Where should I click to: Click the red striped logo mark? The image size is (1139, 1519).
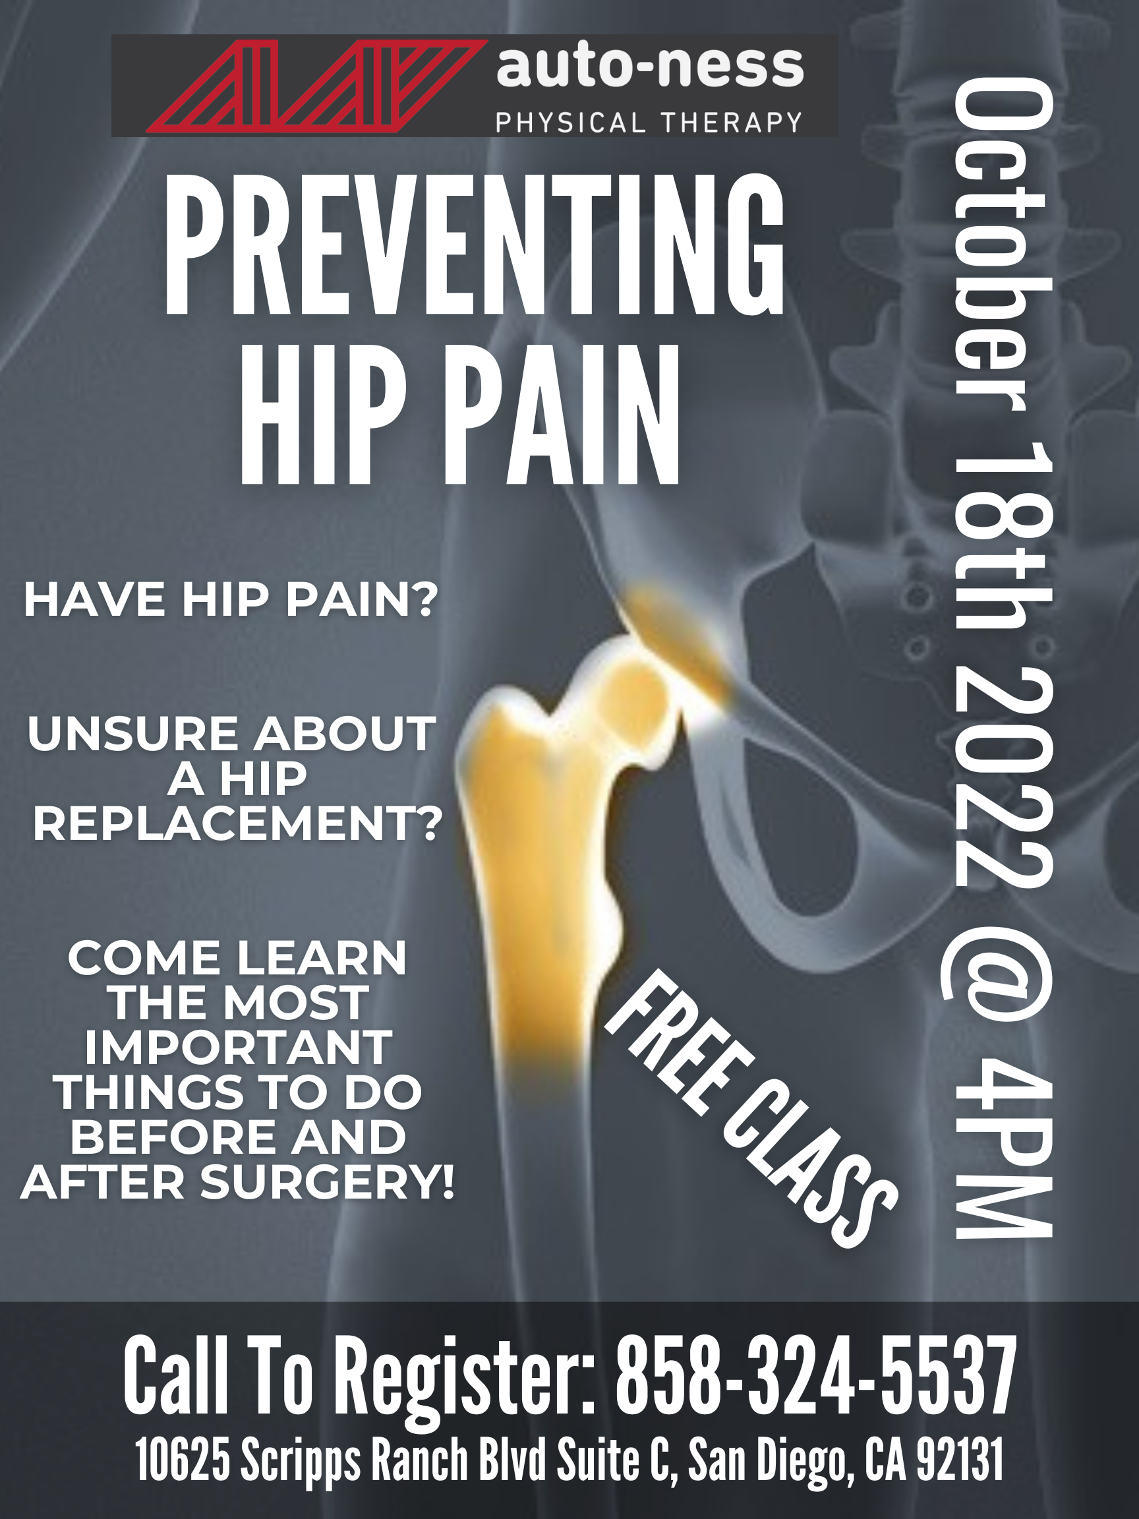312,86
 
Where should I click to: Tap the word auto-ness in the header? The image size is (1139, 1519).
649,69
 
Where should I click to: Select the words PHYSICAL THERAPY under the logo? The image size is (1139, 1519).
649,122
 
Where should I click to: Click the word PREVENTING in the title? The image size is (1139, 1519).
474,246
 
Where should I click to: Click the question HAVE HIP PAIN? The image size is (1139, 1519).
231,599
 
